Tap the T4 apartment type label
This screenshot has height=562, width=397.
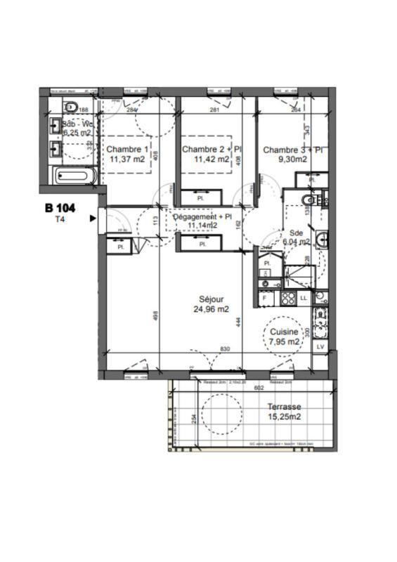[x=60, y=219]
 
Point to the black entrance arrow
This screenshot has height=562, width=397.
[x=92, y=218]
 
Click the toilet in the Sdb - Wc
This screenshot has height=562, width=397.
[x=70, y=107]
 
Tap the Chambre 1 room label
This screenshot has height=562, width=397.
[x=127, y=149]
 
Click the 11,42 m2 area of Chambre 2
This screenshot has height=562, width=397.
[x=212, y=159]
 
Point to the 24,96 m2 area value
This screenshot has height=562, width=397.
[x=211, y=308]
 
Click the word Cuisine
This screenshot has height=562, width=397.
[x=285, y=332]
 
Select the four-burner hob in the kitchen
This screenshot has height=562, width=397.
[x=287, y=298]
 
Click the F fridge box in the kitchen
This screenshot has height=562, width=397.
[x=265, y=299]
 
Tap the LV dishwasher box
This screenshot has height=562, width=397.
[x=320, y=347]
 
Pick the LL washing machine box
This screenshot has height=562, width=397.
[x=304, y=299]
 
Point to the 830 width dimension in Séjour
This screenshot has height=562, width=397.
[x=224, y=349]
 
